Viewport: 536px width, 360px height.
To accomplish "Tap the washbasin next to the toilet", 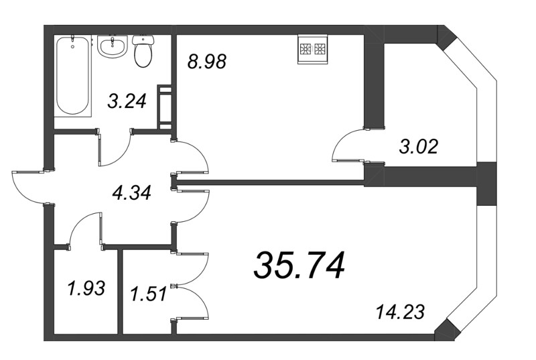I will pos(112,47).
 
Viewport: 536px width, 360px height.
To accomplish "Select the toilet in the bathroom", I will pos(143,52).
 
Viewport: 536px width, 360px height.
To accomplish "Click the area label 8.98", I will pos(207,62).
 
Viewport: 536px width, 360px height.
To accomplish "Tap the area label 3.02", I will pos(418,146).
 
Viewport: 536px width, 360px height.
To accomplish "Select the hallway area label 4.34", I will pos(132,194).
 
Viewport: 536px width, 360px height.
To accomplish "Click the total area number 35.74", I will pos(299,265).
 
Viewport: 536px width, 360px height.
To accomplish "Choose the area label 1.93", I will pos(86,289).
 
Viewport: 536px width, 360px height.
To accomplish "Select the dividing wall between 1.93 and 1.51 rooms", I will pos(121,292).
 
